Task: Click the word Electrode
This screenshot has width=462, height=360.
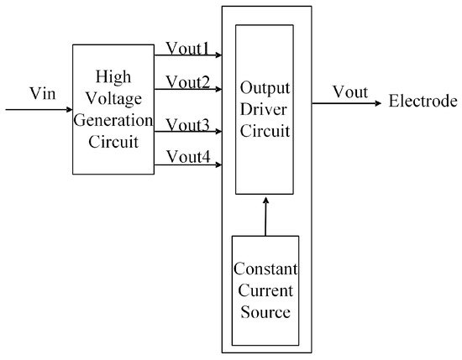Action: (423, 102)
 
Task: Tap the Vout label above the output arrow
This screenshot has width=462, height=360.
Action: (349, 92)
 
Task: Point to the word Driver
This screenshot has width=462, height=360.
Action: (265, 111)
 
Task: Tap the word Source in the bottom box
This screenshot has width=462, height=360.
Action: (265, 312)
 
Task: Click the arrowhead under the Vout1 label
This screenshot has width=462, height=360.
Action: (218, 56)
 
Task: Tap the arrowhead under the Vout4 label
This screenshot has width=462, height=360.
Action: (218, 165)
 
